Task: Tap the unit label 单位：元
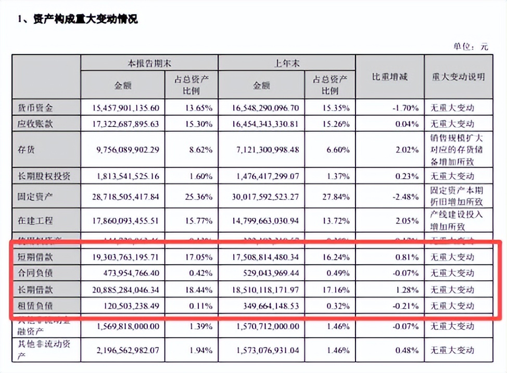(471, 47)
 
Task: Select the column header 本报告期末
(149, 63)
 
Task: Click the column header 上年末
(287, 63)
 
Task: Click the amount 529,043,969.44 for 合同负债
(266, 273)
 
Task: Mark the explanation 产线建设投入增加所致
(457, 220)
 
